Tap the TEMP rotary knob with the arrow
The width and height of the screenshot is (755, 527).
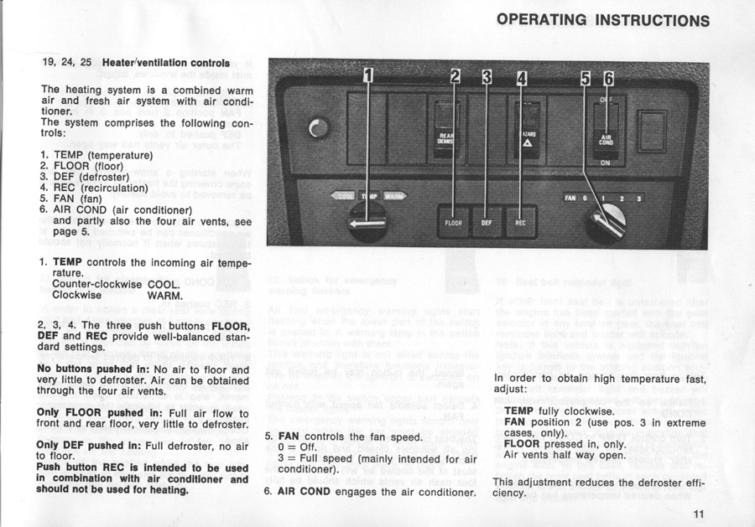click(367, 223)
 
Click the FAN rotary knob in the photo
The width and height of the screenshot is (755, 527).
click(607, 220)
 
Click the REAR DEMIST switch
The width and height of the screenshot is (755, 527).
click(445, 134)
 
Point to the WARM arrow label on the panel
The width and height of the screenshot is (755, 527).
click(393, 196)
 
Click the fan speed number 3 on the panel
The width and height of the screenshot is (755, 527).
click(639, 199)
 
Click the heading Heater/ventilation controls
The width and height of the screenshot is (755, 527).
click(165, 63)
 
